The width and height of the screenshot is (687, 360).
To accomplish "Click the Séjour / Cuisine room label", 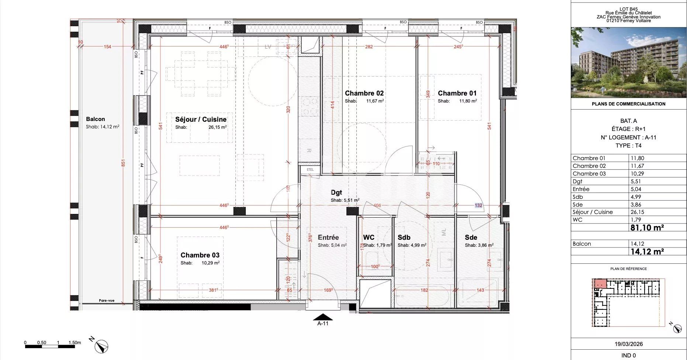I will point(201,120).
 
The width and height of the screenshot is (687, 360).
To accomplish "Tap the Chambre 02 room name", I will point(364,93).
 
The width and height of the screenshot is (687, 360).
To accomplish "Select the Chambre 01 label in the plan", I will point(457,93).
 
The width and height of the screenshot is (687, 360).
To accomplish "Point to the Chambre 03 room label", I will point(200,255).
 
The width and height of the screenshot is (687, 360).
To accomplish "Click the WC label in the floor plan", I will point(369,238).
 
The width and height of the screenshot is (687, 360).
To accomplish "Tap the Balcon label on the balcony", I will point(95,119).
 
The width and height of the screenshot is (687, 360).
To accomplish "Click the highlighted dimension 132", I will point(478,205).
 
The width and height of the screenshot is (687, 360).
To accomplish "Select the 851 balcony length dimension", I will point(123,163).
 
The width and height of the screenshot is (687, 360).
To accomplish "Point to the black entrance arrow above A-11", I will point(323,317).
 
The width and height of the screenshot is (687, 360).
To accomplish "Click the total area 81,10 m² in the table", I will point(647,228).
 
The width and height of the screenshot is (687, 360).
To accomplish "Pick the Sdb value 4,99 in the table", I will point(636,197).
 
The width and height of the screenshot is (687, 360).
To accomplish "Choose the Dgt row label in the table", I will point(577,181).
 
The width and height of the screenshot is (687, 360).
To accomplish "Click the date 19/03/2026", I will point(629,344).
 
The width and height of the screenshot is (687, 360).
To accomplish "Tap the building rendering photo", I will point(629,62).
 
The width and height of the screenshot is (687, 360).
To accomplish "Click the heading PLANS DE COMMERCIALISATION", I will point(629,104).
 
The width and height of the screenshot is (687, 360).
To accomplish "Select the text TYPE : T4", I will point(629,145).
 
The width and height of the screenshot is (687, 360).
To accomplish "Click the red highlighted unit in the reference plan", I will point(600,283).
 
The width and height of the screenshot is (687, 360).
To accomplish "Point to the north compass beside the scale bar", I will point(101,346).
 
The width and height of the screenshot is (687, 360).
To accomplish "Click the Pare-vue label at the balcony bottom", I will point(107,301).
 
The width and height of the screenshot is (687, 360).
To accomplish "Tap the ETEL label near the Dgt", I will point(310,170).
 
